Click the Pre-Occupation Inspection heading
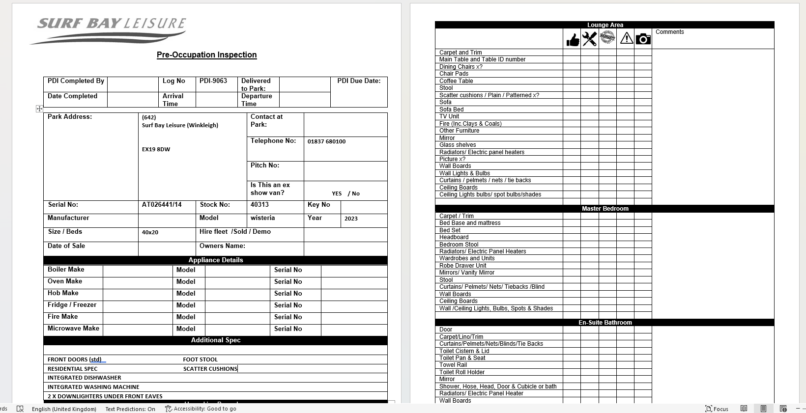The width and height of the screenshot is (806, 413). coord(206,55)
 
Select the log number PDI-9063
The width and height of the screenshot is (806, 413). coord(213,81)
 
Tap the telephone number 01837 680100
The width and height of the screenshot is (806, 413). coord(326,141)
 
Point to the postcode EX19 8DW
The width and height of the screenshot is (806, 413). coord(156,149)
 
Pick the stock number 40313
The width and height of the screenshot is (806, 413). coord(259,205)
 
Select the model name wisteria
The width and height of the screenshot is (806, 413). coord(262,218)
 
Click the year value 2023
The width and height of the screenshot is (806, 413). coord(351,219)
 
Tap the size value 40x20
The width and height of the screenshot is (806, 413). coord(150,232)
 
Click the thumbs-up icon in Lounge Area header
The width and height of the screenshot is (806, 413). coord(573,39)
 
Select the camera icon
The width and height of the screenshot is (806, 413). coord(643,39)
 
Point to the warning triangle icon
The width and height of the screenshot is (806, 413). coord(626,38)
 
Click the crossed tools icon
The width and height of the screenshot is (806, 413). coord(589,39)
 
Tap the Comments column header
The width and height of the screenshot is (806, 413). coord(669,32)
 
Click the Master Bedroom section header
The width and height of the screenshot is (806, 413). coord(604,209)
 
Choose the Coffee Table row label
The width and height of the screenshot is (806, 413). coord(456,81)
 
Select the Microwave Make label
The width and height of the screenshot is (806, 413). coord(73,329)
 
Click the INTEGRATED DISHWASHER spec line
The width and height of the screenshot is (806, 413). coord(84,378)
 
